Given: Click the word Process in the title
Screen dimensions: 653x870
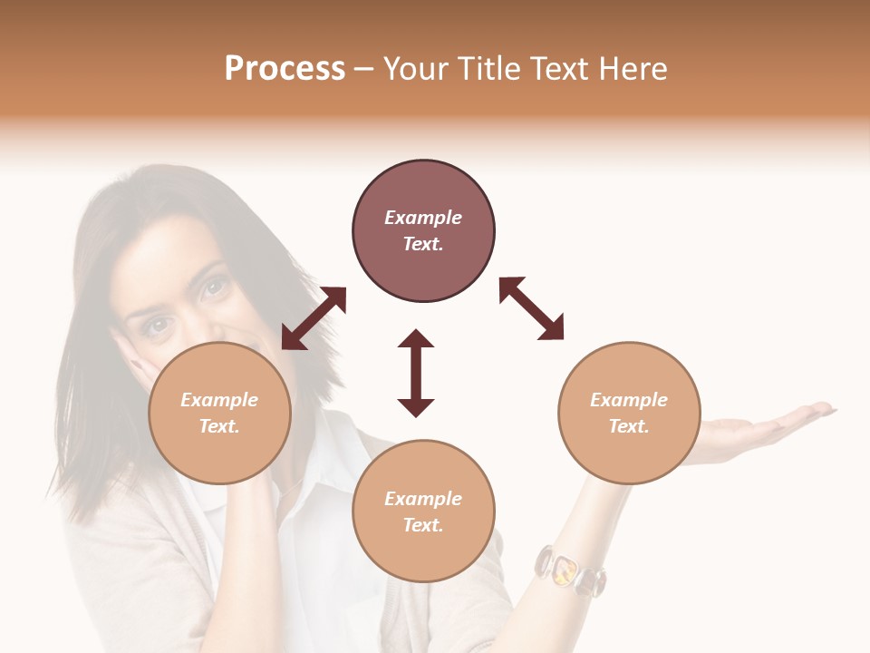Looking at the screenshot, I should pos(285,69).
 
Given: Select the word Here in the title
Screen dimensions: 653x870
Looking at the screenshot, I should pos(633,69).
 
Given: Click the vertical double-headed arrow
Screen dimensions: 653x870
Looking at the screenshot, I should pos(416,373).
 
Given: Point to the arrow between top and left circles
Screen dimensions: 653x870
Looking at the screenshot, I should pos(314,318).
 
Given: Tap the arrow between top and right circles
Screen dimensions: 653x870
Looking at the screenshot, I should pos(532,308).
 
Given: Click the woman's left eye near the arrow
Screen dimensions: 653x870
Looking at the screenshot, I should pos(214,288).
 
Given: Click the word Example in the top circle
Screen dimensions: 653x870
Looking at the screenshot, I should pos(423,218).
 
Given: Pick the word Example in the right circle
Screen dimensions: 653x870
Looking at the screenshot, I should pos(629,400).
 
